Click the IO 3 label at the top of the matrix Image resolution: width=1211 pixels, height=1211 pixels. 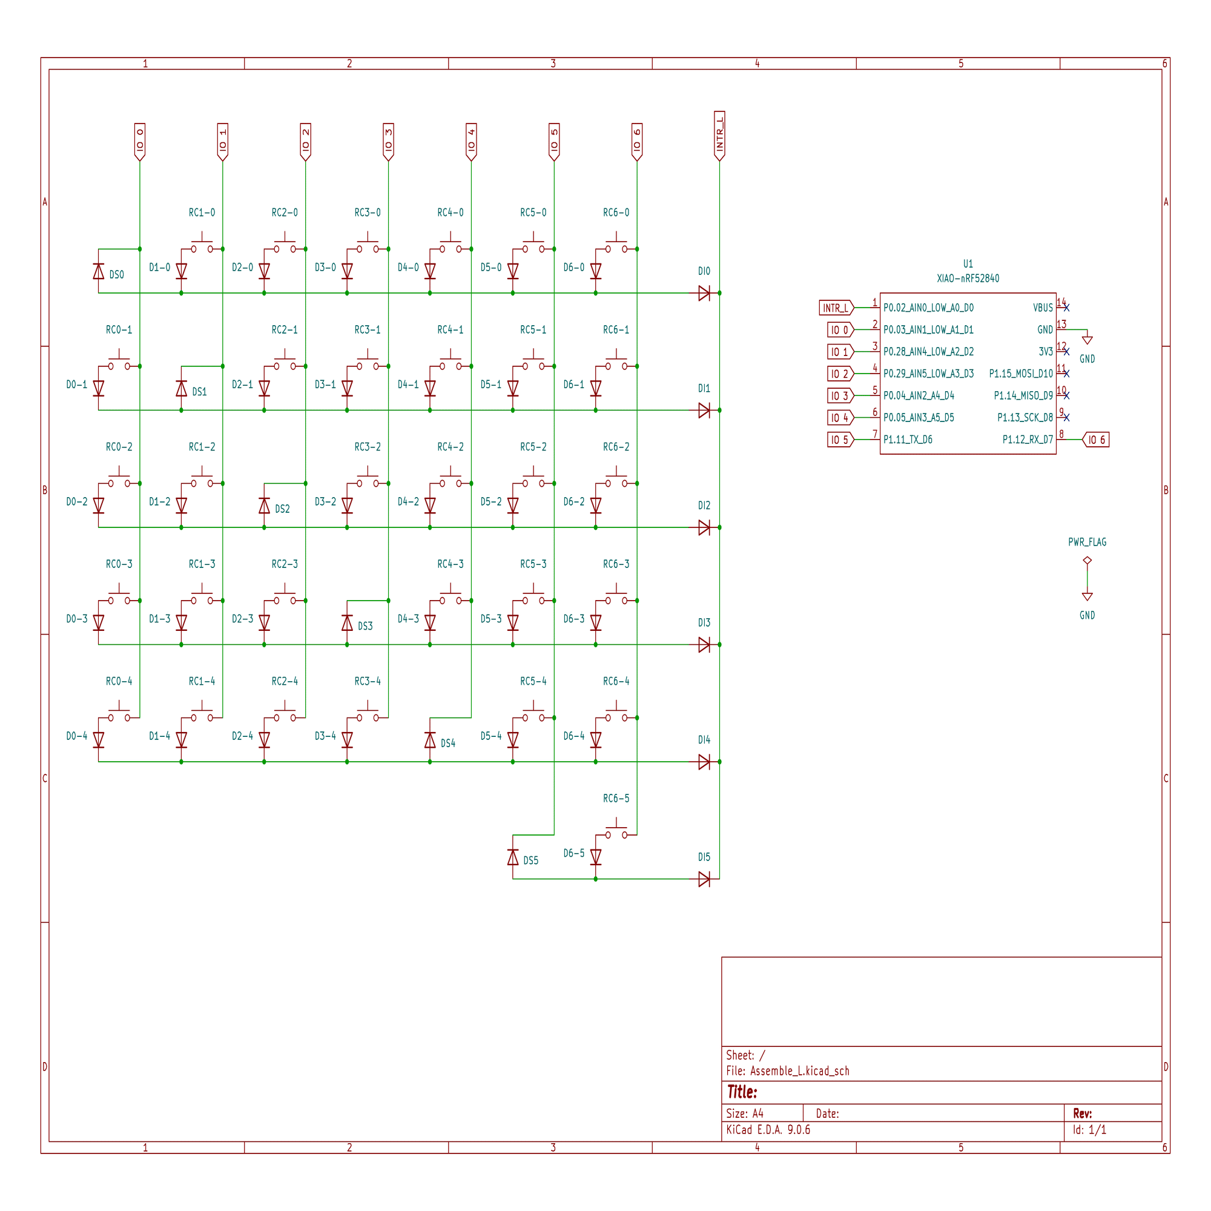tap(388, 140)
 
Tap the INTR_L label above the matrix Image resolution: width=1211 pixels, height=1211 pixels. tap(719, 135)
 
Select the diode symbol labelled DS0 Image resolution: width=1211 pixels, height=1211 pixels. tap(99, 271)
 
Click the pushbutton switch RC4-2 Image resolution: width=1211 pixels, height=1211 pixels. tap(450, 481)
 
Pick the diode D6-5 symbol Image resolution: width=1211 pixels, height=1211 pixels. tap(595, 856)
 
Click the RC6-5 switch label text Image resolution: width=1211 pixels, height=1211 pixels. tap(616, 798)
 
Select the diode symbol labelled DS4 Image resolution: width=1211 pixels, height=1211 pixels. tap(430, 741)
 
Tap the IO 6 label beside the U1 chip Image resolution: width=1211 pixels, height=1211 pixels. tap(1096, 440)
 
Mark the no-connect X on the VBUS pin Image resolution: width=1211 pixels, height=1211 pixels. tap(1066, 308)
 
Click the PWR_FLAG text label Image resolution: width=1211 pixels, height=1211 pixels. tap(1087, 542)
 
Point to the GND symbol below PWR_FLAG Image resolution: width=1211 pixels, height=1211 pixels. tap(1087, 597)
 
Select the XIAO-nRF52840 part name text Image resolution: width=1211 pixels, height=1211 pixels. tap(967, 279)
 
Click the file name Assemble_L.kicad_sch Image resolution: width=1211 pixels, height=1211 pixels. tap(799, 1071)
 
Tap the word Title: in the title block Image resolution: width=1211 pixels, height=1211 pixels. tap(742, 1092)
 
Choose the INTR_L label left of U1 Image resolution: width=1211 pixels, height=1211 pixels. tap(835, 308)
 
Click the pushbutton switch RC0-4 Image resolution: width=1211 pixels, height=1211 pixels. tap(119, 716)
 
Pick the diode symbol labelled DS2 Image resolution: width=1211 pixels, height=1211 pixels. tap(265, 506)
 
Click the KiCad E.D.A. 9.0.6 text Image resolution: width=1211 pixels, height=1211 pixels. tap(768, 1129)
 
